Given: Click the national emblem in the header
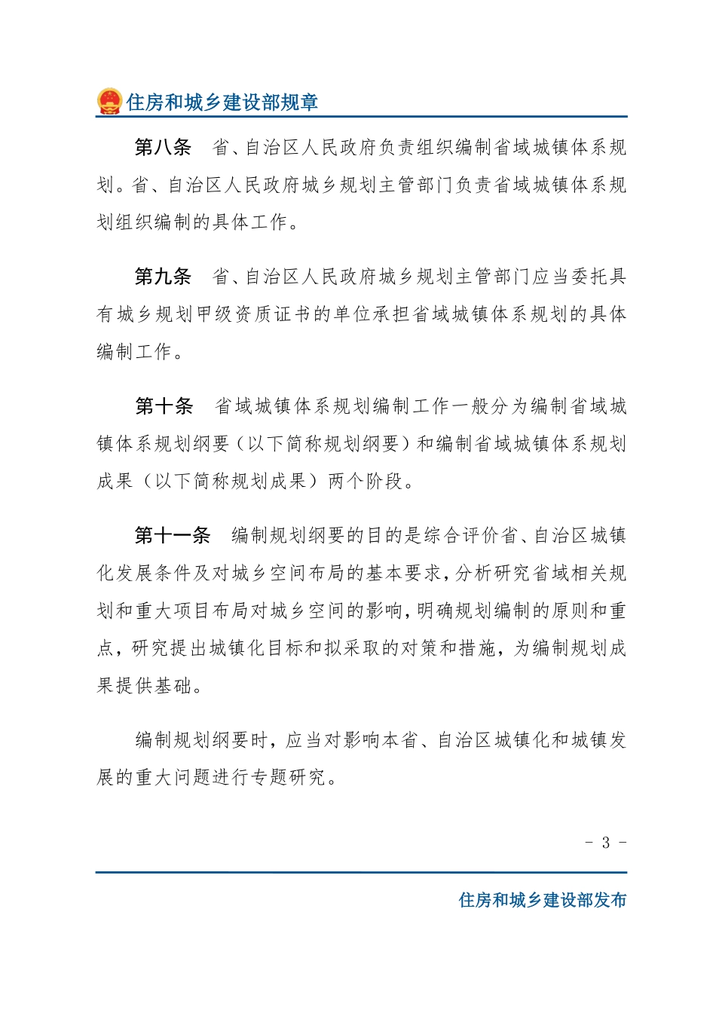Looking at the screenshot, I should [x=109, y=102].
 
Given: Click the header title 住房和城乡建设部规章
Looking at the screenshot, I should [x=222, y=103].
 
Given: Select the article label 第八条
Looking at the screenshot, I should [x=163, y=148].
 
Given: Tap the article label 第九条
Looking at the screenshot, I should [x=163, y=277].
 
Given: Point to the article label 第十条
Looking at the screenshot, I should [x=164, y=407].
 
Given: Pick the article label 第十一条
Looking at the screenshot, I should [x=173, y=536].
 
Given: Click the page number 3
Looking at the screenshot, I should [x=605, y=843].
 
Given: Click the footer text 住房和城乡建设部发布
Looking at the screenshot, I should [x=543, y=900].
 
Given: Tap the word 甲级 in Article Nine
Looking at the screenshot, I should [x=216, y=314].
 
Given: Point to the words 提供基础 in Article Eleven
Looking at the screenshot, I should [x=154, y=686].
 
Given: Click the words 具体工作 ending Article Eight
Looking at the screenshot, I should [x=249, y=222].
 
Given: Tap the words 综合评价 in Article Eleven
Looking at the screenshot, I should [x=461, y=536].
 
